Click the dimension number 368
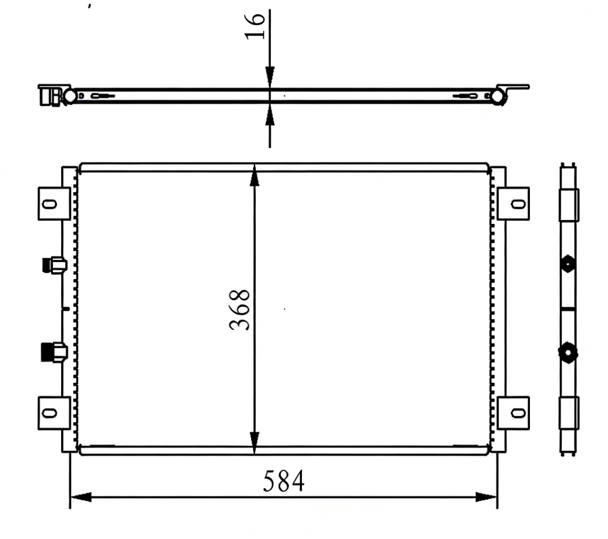click(x=240, y=310)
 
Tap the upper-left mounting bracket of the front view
click(x=53, y=203)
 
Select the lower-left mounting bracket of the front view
click(x=53, y=412)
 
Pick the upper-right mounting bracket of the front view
click(x=514, y=203)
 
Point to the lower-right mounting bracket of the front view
click(x=514, y=412)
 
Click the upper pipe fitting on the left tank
click(x=54, y=265)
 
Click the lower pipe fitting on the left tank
click(x=54, y=352)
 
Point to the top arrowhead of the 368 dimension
click(x=254, y=175)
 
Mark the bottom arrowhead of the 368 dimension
click(x=254, y=445)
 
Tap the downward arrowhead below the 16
click(x=270, y=79)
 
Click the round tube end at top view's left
click(x=70, y=96)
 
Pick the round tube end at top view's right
click(x=498, y=96)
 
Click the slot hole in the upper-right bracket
click(x=516, y=203)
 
